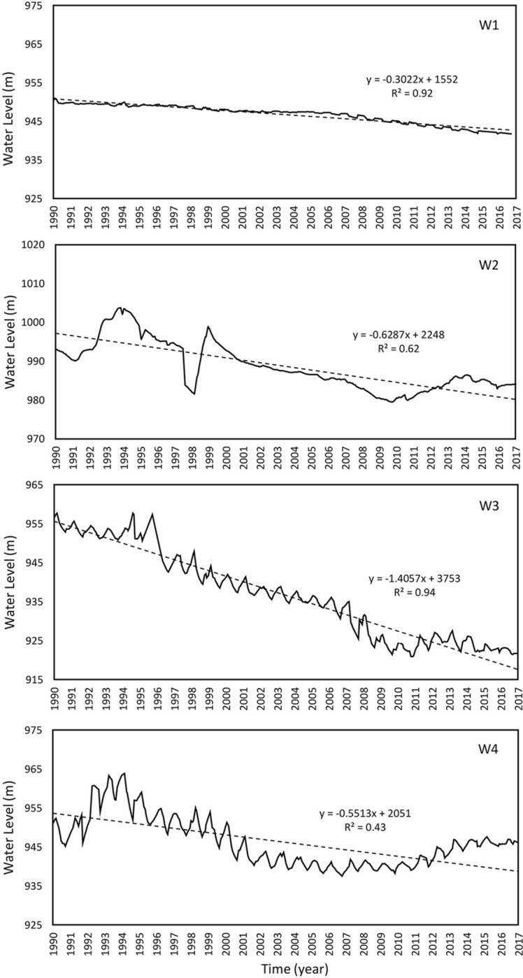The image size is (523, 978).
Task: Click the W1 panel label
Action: point(487,32)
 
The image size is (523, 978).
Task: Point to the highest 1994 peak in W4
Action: point(124,773)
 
